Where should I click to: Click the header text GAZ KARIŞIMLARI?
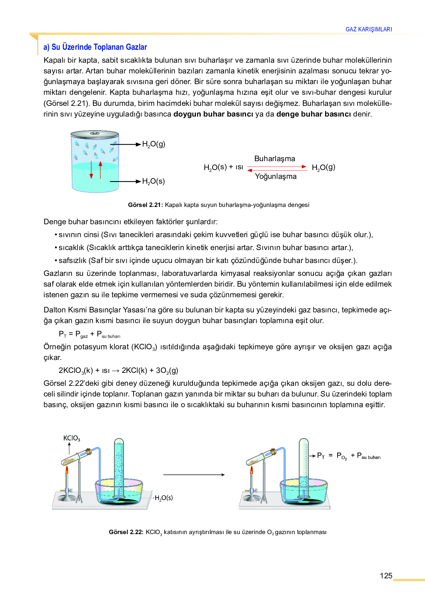click(x=369, y=29)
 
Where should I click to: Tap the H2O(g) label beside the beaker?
click(x=154, y=144)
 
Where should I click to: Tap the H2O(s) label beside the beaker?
click(x=153, y=181)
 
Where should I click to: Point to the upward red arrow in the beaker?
click(x=100, y=170)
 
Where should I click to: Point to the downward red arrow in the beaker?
click(x=91, y=170)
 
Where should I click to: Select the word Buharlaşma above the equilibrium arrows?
click(x=275, y=159)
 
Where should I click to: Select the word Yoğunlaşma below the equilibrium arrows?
click(x=276, y=176)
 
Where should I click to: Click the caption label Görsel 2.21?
click(x=145, y=205)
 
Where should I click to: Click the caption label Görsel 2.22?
click(x=126, y=532)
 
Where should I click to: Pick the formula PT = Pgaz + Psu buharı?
click(x=90, y=334)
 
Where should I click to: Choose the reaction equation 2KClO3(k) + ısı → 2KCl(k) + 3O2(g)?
click(x=118, y=370)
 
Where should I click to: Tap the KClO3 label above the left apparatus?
click(x=72, y=438)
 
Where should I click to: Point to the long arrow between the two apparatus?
click(x=194, y=475)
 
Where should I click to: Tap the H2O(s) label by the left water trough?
click(x=164, y=498)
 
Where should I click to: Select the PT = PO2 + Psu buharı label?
click(x=349, y=456)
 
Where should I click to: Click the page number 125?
click(x=386, y=576)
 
